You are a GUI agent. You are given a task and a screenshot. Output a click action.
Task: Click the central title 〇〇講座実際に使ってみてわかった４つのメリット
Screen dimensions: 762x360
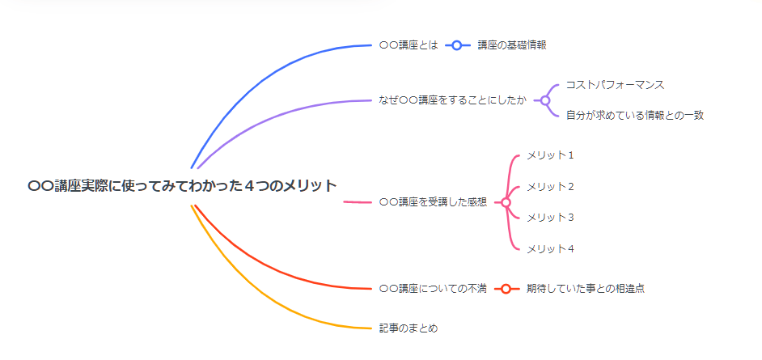182,185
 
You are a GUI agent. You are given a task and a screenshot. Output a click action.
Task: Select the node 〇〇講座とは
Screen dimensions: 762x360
409,45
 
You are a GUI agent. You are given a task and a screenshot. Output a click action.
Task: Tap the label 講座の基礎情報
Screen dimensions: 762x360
512,45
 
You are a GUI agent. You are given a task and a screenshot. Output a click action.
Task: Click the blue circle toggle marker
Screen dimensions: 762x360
457,45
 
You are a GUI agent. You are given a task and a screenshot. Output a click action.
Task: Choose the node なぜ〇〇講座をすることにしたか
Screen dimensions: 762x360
452,100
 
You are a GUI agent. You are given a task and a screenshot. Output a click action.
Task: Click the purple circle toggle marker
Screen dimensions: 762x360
544,100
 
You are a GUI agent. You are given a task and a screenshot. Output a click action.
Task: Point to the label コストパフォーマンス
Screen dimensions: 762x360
615,85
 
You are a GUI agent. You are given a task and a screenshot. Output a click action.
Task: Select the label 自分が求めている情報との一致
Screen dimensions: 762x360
635,116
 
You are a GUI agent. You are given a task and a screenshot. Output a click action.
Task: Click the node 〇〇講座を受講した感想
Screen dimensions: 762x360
433,202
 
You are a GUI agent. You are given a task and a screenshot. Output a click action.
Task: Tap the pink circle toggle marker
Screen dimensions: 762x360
506,202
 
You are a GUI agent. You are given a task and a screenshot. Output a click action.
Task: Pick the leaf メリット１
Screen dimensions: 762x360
551,155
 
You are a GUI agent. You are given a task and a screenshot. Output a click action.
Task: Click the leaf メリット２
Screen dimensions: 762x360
551,187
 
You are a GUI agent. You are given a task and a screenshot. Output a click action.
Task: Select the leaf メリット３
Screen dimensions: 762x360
551,217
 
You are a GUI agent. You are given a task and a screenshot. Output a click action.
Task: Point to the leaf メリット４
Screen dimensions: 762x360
551,248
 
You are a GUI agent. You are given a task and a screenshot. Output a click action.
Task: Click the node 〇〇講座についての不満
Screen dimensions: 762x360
433,289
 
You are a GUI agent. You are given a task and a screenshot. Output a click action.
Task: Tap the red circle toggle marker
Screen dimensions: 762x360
506,289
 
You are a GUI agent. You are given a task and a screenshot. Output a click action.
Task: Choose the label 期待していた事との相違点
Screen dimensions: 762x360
586,289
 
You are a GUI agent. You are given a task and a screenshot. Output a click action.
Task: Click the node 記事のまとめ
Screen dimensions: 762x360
409,328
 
